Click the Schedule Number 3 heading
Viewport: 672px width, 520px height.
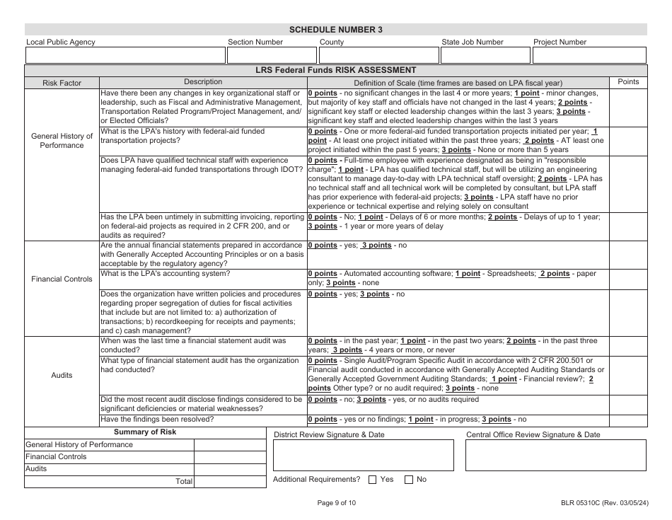pyautogui.click(x=336, y=30)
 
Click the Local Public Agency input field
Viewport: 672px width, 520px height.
pyautogui.click(x=124, y=54)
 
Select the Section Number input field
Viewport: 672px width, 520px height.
pyautogui.click(x=270, y=54)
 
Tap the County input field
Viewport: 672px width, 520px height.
pyautogui.click(x=378, y=54)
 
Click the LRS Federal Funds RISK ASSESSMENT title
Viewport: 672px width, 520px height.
pyautogui.click(x=336, y=70)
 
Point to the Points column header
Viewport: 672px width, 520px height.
pyautogui.click(x=628, y=82)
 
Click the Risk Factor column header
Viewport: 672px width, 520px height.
pyautogui.click(x=62, y=83)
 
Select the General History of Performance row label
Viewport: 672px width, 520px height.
pyautogui.click(x=62, y=140)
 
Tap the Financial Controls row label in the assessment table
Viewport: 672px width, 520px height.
pyautogui.click(x=62, y=279)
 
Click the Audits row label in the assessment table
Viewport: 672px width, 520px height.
pyautogui.click(x=62, y=375)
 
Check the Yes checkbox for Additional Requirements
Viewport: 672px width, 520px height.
pyautogui.click(x=373, y=480)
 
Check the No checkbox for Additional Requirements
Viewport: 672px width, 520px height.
pyautogui.click(x=409, y=480)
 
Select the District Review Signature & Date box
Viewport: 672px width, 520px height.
pyautogui.click(x=364, y=455)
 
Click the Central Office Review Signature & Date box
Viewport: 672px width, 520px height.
pyautogui.click(x=555, y=455)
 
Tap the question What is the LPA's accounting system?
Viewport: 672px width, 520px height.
pyautogui.click(x=165, y=273)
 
